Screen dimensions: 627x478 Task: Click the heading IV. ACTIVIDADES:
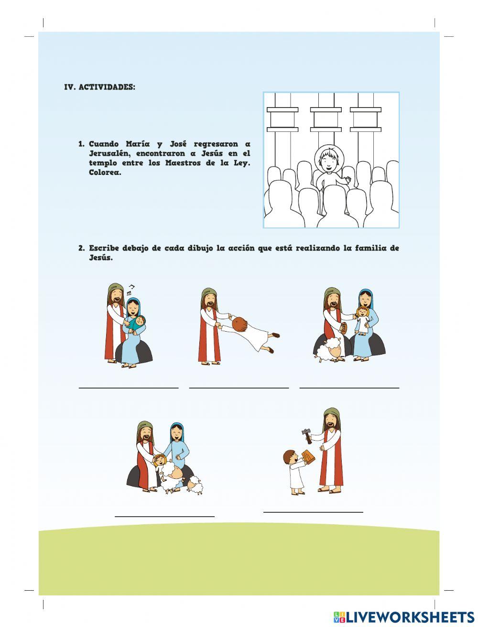99,87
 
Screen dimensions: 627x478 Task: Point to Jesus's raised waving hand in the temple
348,180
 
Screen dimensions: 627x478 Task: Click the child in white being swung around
249,330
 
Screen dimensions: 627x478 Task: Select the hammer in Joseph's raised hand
306,435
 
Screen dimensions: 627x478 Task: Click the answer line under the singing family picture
129,388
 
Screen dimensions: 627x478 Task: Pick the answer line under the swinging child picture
239,388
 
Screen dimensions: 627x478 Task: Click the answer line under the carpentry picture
313,512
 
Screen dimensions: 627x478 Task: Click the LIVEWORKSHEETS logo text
410,616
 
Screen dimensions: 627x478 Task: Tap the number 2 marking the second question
81,248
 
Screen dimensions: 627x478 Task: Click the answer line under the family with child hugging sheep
164,516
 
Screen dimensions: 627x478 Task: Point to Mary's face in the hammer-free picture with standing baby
365,300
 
